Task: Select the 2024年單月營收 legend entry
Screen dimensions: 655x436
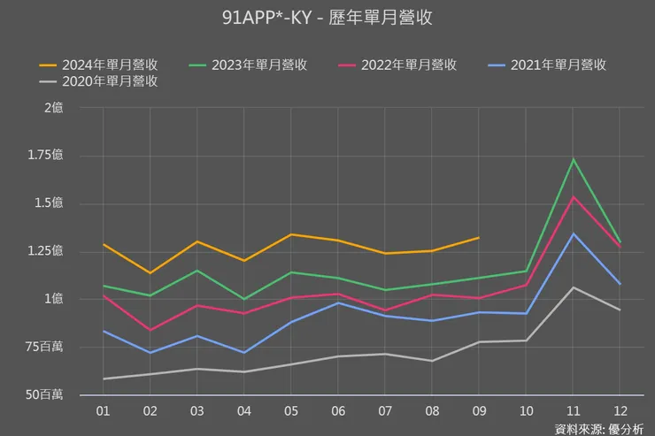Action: (98, 65)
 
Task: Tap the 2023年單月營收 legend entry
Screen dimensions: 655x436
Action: (248, 65)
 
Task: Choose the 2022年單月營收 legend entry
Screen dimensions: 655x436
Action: (397, 65)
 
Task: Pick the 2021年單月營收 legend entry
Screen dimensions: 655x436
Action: (547, 65)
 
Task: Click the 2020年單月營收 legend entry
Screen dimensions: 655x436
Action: (98, 81)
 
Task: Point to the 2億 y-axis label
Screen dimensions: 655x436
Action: (54, 108)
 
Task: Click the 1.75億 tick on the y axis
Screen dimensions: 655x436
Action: (45, 155)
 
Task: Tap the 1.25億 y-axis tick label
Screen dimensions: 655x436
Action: (45, 251)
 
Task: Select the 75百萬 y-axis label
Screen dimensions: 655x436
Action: (44, 347)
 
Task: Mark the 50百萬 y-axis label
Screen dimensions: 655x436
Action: (44, 394)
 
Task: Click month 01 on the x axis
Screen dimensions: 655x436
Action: (104, 411)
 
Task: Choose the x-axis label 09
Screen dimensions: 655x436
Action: (479, 411)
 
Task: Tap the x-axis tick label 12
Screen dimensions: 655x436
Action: (620, 411)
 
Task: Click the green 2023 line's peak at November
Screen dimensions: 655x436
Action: (574, 159)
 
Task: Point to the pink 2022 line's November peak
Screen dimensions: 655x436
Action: (574, 197)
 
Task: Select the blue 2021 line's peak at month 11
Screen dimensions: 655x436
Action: (574, 234)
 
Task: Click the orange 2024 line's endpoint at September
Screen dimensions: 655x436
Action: (479, 238)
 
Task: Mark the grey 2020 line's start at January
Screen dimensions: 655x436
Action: (104, 379)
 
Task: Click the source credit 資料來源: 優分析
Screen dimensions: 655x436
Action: (599, 429)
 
